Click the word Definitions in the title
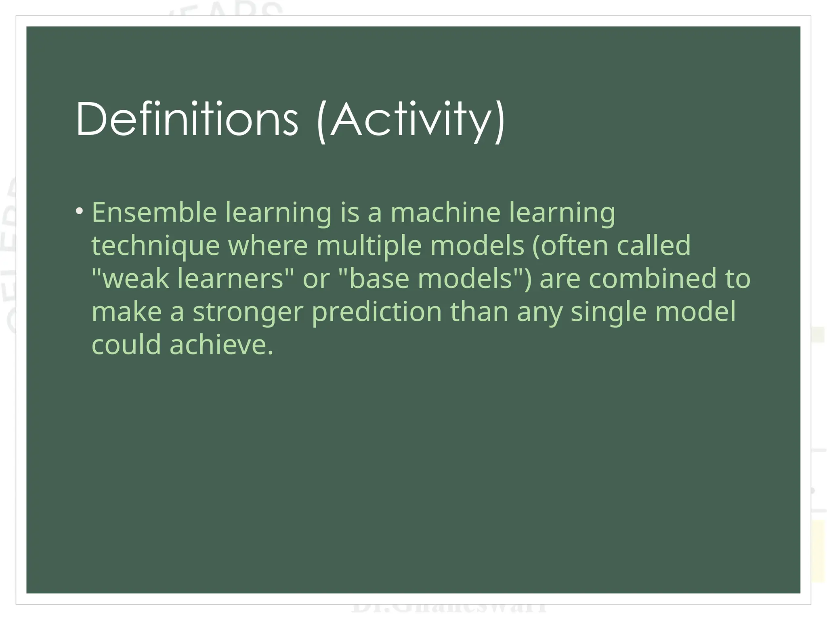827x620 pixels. [187, 119]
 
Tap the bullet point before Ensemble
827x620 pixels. [80, 211]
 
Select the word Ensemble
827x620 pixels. [154, 212]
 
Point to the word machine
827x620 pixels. [445, 212]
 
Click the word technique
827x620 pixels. [155, 246]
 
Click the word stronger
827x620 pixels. [248, 312]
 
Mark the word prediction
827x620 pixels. [377, 312]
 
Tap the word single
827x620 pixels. [608, 312]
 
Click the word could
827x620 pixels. [126, 345]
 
